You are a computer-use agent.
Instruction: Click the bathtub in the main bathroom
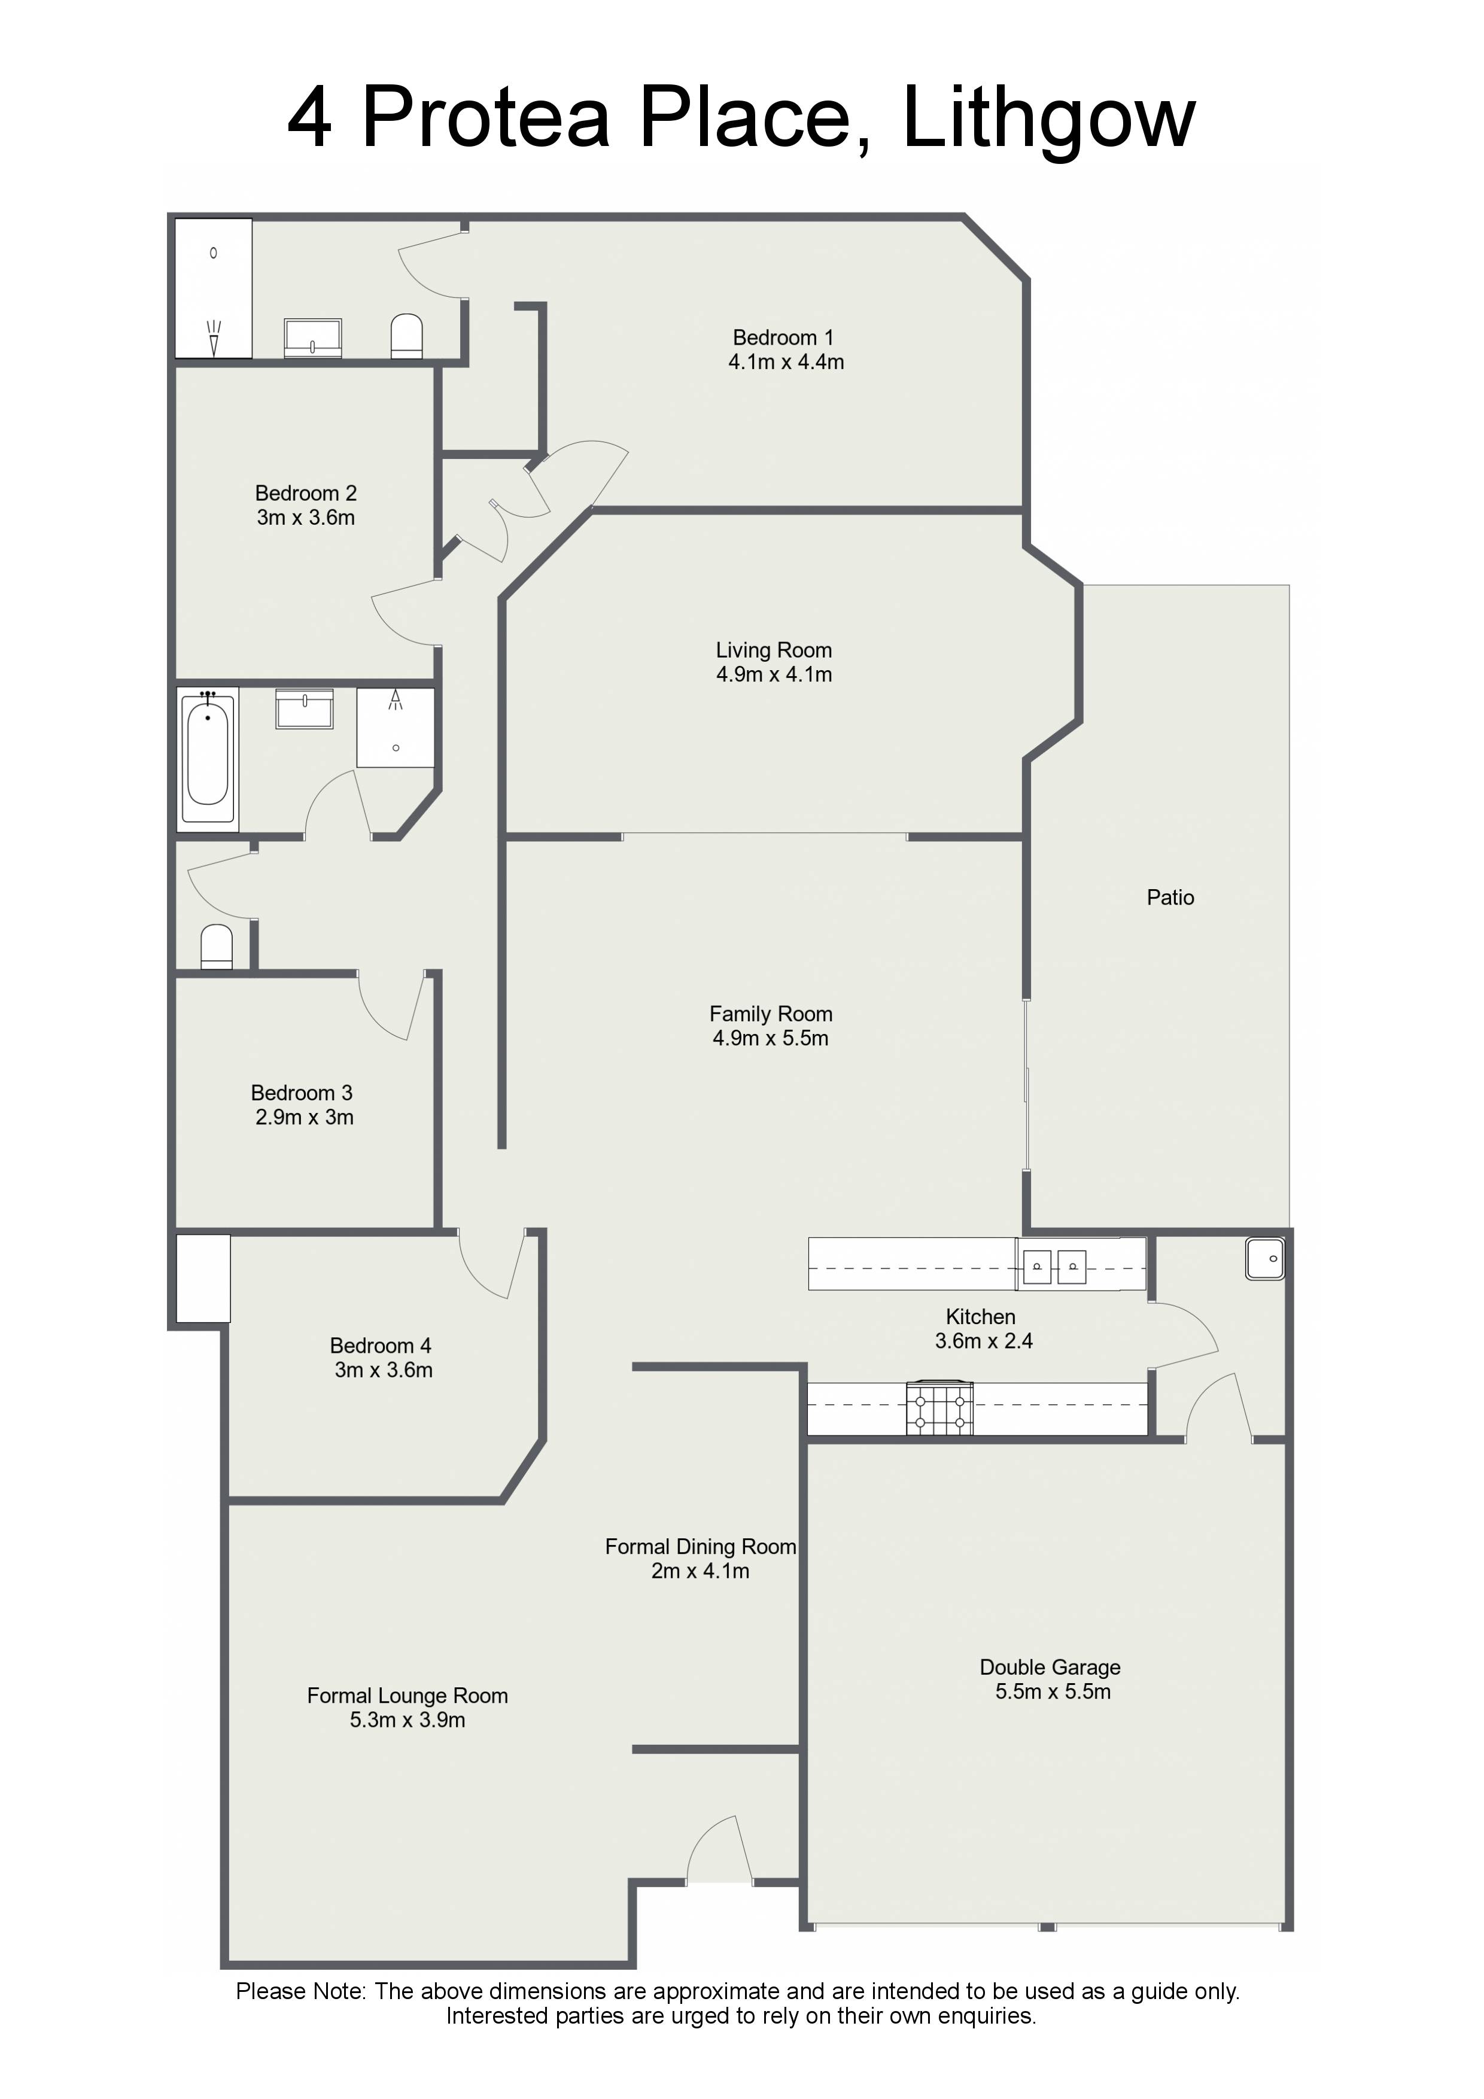coord(208,759)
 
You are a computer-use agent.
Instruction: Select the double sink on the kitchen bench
coord(1054,1266)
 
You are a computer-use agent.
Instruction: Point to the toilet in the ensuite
coord(406,336)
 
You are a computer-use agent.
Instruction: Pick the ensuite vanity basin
coord(313,337)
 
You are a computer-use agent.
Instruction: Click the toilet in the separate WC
coord(217,947)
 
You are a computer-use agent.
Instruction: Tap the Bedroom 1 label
coord(784,337)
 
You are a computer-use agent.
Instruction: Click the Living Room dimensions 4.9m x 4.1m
coord(774,675)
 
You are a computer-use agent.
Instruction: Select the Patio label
coord(1170,898)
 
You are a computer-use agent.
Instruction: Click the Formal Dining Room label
coord(700,1547)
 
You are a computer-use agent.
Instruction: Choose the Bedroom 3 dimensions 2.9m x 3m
coord(305,1117)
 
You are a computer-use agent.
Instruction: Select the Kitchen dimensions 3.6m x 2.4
coord(984,1341)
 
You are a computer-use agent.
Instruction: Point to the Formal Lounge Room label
coord(408,1696)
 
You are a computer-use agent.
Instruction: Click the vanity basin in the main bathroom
coord(305,708)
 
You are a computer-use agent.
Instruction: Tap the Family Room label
coord(771,1014)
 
